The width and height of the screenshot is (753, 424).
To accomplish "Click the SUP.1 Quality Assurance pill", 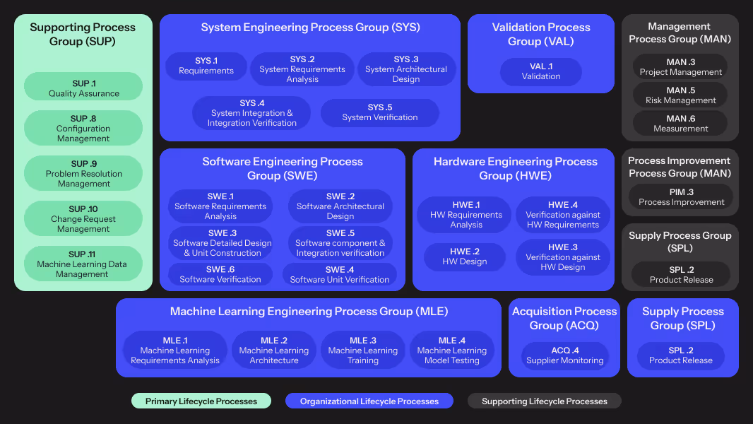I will pyautogui.click(x=83, y=88).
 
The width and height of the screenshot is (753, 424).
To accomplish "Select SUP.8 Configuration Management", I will pyautogui.click(x=83, y=129).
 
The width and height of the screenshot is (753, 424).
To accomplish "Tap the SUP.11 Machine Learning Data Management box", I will pyautogui.click(x=83, y=264).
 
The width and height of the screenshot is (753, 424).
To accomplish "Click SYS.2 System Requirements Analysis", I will pyautogui.click(x=302, y=69).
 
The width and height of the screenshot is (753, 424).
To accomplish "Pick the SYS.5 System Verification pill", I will pyautogui.click(x=379, y=113).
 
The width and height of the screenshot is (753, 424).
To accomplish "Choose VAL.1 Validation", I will pyautogui.click(x=541, y=71).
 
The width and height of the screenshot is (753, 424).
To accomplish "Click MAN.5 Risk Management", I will pyautogui.click(x=680, y=95).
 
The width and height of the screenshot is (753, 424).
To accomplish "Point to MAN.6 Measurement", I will pyautogui.click(x=680, y=124).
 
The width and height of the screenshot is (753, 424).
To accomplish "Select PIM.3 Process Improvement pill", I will pyautogui.click(x=681, y=197).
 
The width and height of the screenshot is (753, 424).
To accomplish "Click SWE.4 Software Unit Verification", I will pyautogui.click(x=340, y=275).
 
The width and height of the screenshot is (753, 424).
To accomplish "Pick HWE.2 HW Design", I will pyautogui.click(x=464, y=257).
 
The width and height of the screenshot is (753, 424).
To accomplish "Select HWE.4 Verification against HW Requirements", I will pyautogui.click(x=563, y=215).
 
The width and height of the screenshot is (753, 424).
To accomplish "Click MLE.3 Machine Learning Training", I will pyautogui.click(x=363, y=351).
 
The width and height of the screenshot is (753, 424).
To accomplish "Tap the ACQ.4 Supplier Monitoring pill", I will pyautogui.click(x=565, y=355).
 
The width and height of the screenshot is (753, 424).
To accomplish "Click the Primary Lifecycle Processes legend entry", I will pyautogui.click(x=201, y=401).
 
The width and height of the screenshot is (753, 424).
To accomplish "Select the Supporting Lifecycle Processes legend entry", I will pyautogui.click(x=545, y=401).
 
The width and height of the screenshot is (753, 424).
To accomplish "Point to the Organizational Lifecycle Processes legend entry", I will pyautogui.click(x=369, y=401).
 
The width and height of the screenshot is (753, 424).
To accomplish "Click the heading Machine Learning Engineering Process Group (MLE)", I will pyautogui.click(x=309, y=312).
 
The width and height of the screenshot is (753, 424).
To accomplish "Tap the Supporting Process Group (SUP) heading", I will pyautogui.click(x=83, y=35).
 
